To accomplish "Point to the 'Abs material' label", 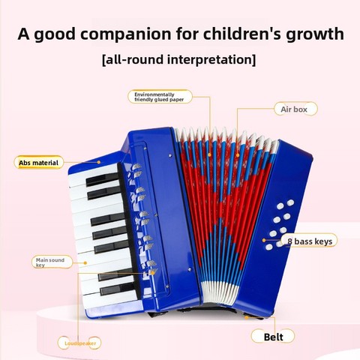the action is click(38, 163).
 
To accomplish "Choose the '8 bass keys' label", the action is click(310, 241).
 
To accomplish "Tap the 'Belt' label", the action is click(273, 337).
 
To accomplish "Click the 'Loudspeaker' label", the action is click(80, 343).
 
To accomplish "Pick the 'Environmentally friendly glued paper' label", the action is click(160, 97).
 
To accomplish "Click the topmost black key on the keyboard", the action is click(102, 179).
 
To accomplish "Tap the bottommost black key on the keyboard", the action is click(118, 289).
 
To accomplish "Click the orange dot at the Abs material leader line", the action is click(99, 162).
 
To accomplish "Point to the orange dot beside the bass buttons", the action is click(264, 240).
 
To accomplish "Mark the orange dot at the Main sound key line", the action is click(85, 262).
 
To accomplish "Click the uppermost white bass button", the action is click(290, 202).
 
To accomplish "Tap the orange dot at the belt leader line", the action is click(246, 317).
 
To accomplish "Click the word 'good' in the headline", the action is click(54, 34).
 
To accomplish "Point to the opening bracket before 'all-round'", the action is click(104, 60).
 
